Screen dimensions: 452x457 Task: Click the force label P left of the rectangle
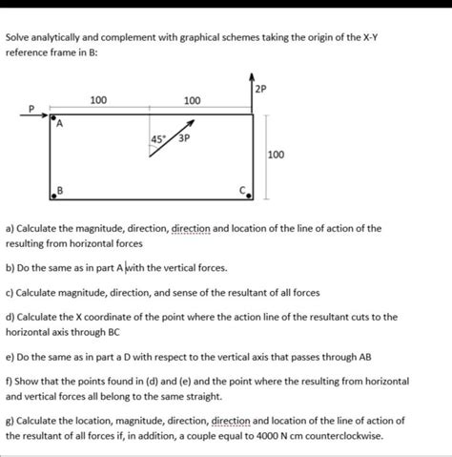[x=30, y=108]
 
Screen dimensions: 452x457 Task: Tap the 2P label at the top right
[x=261, y=89]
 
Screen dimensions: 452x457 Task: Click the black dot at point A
[x=51, y=118]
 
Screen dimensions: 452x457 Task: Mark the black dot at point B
[x=52, y=197]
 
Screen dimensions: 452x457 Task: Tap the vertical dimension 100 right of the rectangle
[x=275, y=154]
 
